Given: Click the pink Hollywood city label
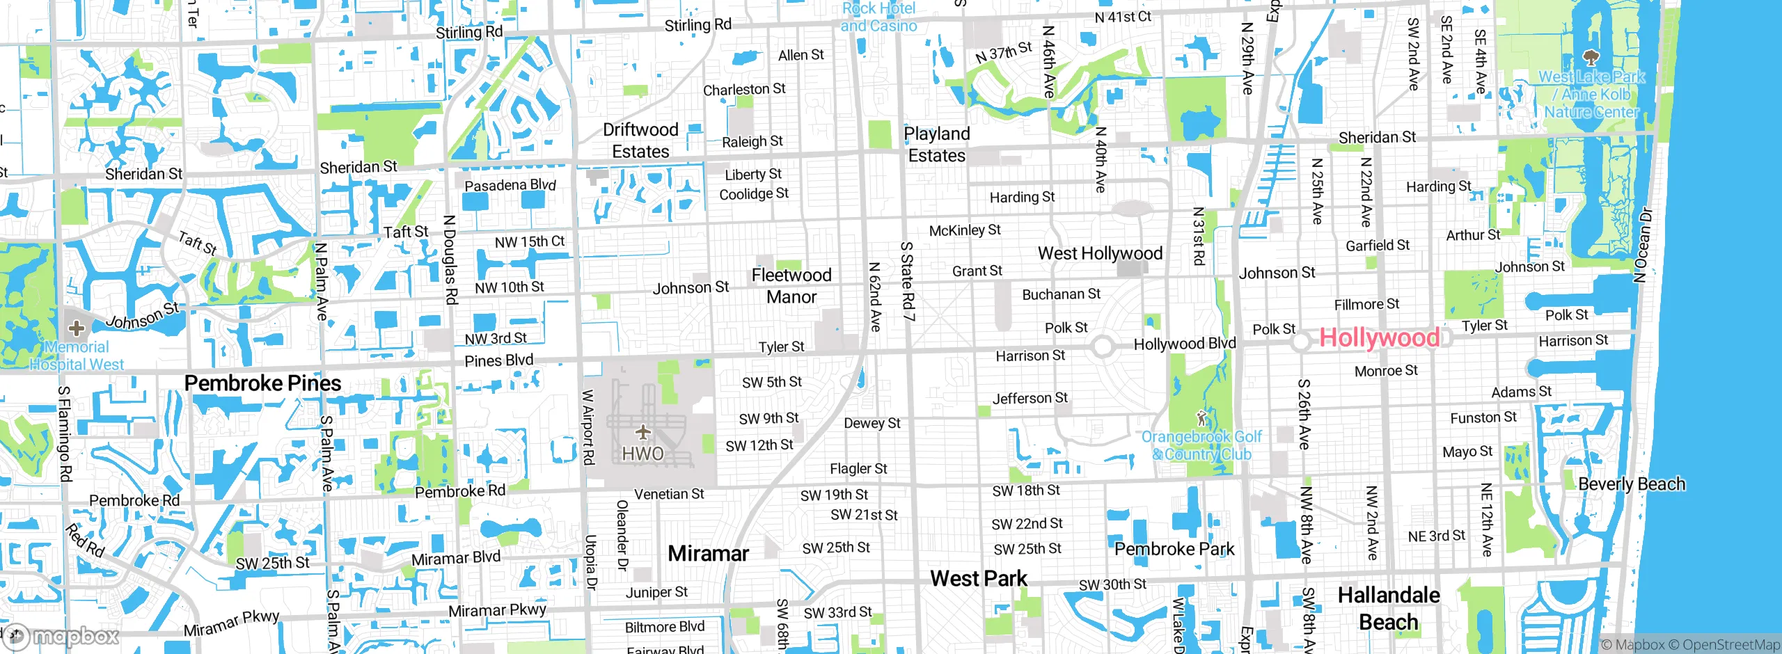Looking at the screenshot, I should click(x=1379, y=338).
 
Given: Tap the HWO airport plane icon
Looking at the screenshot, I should click(x=643, y=433).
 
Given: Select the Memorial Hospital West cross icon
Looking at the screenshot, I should click(x=77, y=328).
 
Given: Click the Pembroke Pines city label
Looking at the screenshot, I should click(x=262, y=383).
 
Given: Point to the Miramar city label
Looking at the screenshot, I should click(x=708, y=554).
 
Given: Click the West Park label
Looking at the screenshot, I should click(x=978, y=578).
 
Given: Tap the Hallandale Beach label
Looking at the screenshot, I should click(x=1389, y=608).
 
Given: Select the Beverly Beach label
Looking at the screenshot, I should click(x=1632, y=484).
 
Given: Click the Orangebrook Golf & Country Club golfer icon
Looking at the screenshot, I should click(x=1201, y=419).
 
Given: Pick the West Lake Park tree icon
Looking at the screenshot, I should click(x=1591, y=57).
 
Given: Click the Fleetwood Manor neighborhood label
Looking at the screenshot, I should click(x=791, y=286).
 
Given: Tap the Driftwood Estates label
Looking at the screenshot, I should click(x=640, y=141).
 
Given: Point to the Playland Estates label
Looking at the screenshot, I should click(x=937, y=145).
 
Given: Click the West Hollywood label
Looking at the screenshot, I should click(x=1100, y=254).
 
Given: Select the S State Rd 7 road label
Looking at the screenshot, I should click(x=907, y=281).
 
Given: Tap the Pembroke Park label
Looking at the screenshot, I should click(x=1174, y=549).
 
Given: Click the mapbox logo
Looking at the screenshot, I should click(x=63, y=636).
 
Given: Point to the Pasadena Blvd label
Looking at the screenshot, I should click(x=510, y=185).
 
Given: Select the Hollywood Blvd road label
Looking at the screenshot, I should click(x=1185, y=344).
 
